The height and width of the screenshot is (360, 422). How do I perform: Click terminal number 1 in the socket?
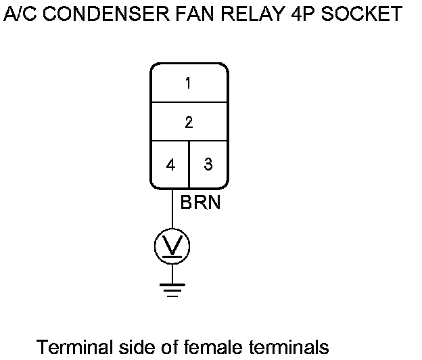[x=188, y=83]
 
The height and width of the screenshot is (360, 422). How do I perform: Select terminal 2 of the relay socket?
[x=188, y=122]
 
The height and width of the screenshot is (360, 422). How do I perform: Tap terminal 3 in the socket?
[x=208, y=164]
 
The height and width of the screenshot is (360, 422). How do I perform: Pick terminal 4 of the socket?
[x=170, y=164]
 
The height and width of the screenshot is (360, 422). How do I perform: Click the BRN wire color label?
[x=200, y=202]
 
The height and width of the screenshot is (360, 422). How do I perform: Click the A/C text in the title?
[x=17, y=14]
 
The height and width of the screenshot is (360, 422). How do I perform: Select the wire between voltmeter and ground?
[x=172, y=273]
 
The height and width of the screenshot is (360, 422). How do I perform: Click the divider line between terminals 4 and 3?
[x=189, y=164]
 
